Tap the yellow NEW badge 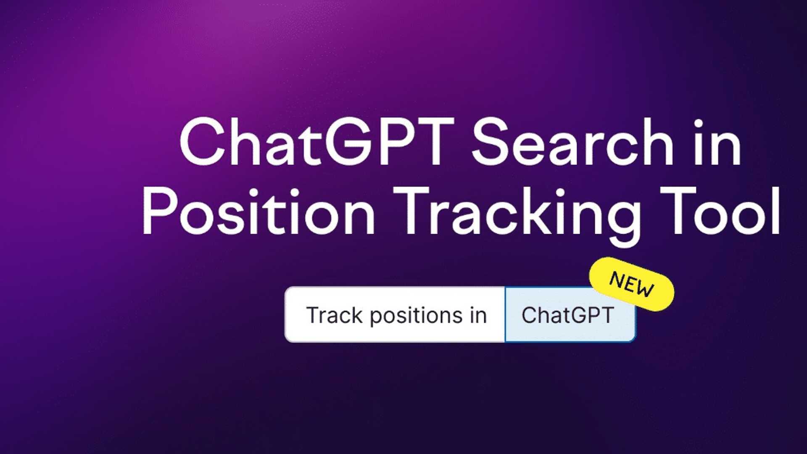click(632, 284)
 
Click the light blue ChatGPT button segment click(568, 315)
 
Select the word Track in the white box click(334, 315)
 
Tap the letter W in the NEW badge click(646, 289)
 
